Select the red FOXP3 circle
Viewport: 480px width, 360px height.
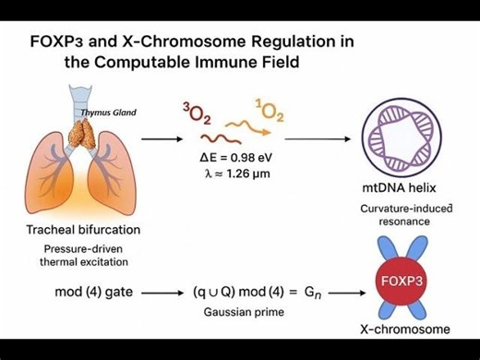coord(407,278)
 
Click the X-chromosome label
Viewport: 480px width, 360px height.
coord(406,329)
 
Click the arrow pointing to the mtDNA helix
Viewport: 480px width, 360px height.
coord(319,138)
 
